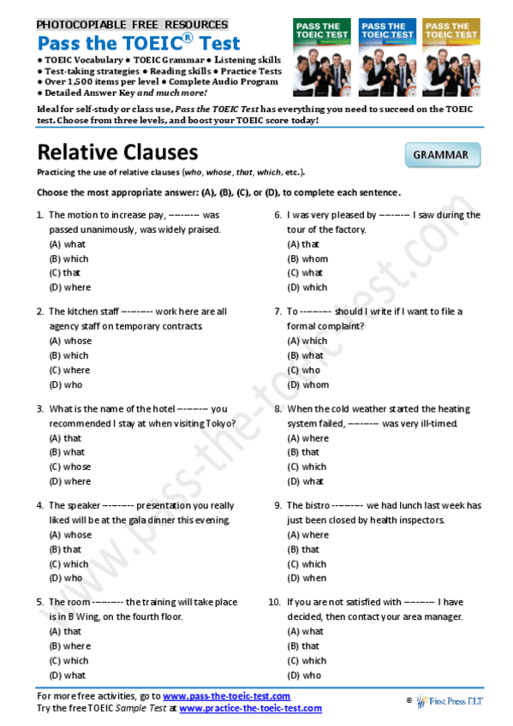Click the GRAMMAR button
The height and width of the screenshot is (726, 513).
click(x=441, y=155)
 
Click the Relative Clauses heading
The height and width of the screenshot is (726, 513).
click(x=117, y=152)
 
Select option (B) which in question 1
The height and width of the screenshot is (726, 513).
click(x=69, y=259)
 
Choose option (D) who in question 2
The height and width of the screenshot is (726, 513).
click(x=66, y=384)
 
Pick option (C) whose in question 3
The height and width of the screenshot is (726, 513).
click(x=70, y=467)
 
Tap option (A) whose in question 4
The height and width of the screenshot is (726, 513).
click(x=70, y=535)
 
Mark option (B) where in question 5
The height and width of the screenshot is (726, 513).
click(x=69, y=646)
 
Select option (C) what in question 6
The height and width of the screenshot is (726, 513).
click(x=305, y=273)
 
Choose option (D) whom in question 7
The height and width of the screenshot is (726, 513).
click(x=308, y=384)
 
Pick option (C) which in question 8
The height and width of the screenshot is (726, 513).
click(x=307, y=467)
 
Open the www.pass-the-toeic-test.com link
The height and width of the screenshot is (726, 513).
click(x=226, y=697)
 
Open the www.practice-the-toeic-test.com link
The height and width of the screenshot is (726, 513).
click(x=250, y=709)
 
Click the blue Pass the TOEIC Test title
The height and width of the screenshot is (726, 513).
click(x=139, y=43)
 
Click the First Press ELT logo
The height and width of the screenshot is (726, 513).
click(x=450, y=701)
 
